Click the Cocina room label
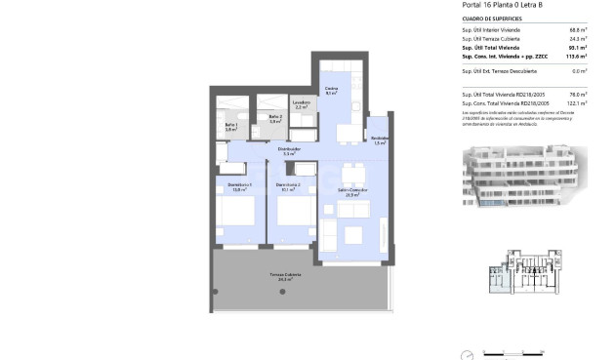(331, 91)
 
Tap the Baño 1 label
(230, 127)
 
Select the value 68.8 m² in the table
(577, 30)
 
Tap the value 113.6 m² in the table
(575, 56)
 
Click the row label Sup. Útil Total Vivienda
(491, 47)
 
